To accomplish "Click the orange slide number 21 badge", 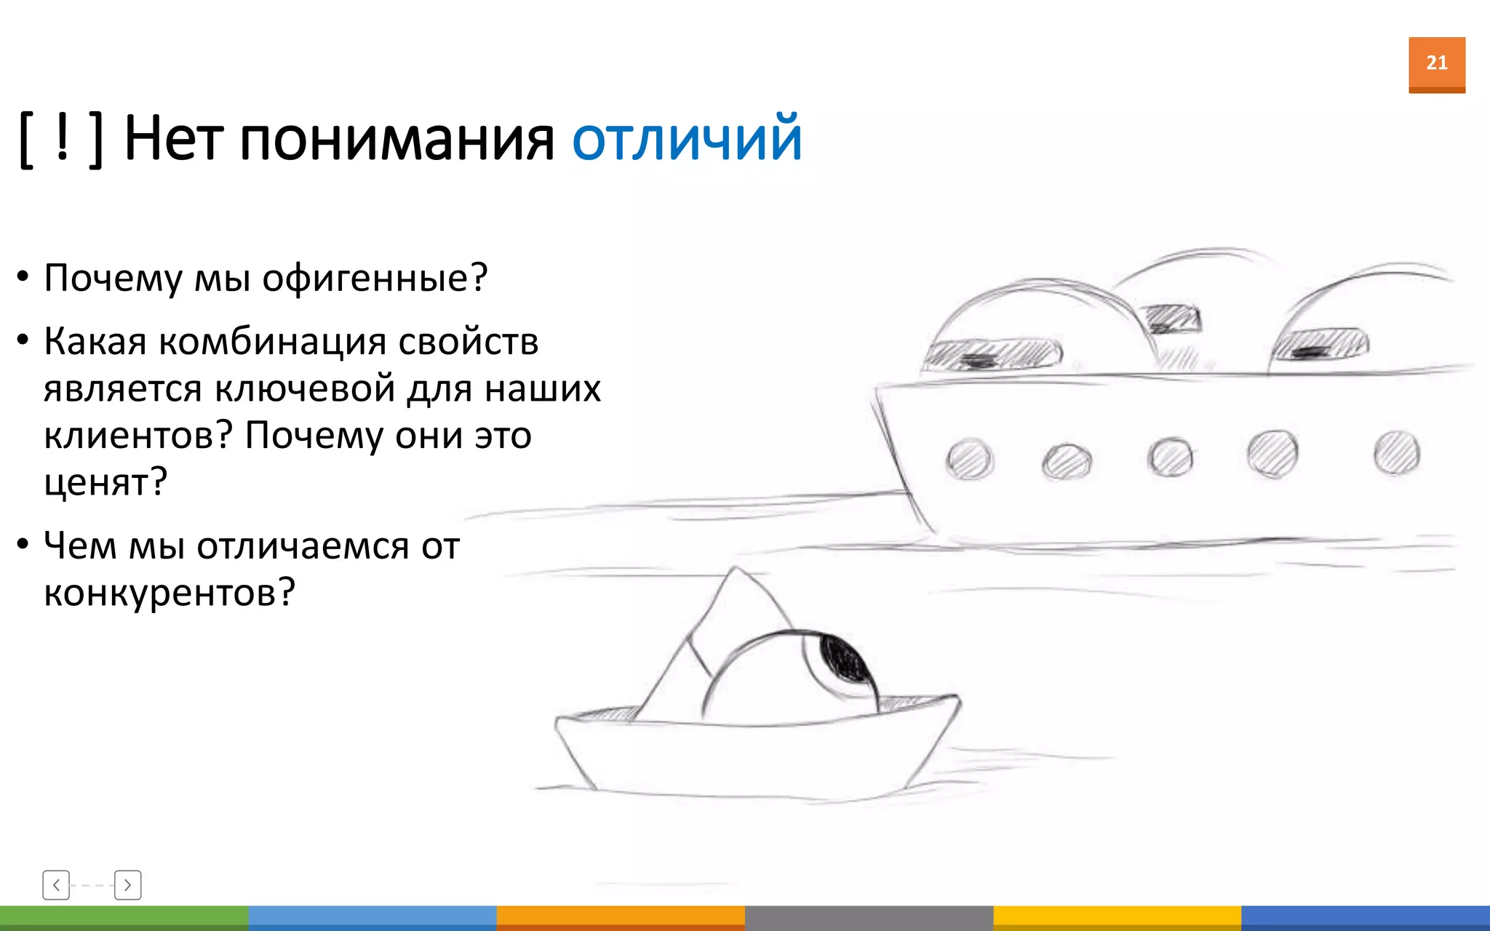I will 1436,64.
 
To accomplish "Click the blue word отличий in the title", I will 687,138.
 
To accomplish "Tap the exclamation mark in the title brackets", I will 62,138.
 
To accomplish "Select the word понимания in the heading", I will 397,140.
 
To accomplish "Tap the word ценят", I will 105,483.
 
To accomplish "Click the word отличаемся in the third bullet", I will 303,546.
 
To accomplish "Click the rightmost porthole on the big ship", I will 1396,452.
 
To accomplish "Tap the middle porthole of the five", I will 1170,457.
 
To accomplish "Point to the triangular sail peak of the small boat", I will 736,582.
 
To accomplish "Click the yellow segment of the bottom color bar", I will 1117,918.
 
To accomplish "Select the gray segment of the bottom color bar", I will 869,918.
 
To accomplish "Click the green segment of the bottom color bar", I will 124,918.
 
